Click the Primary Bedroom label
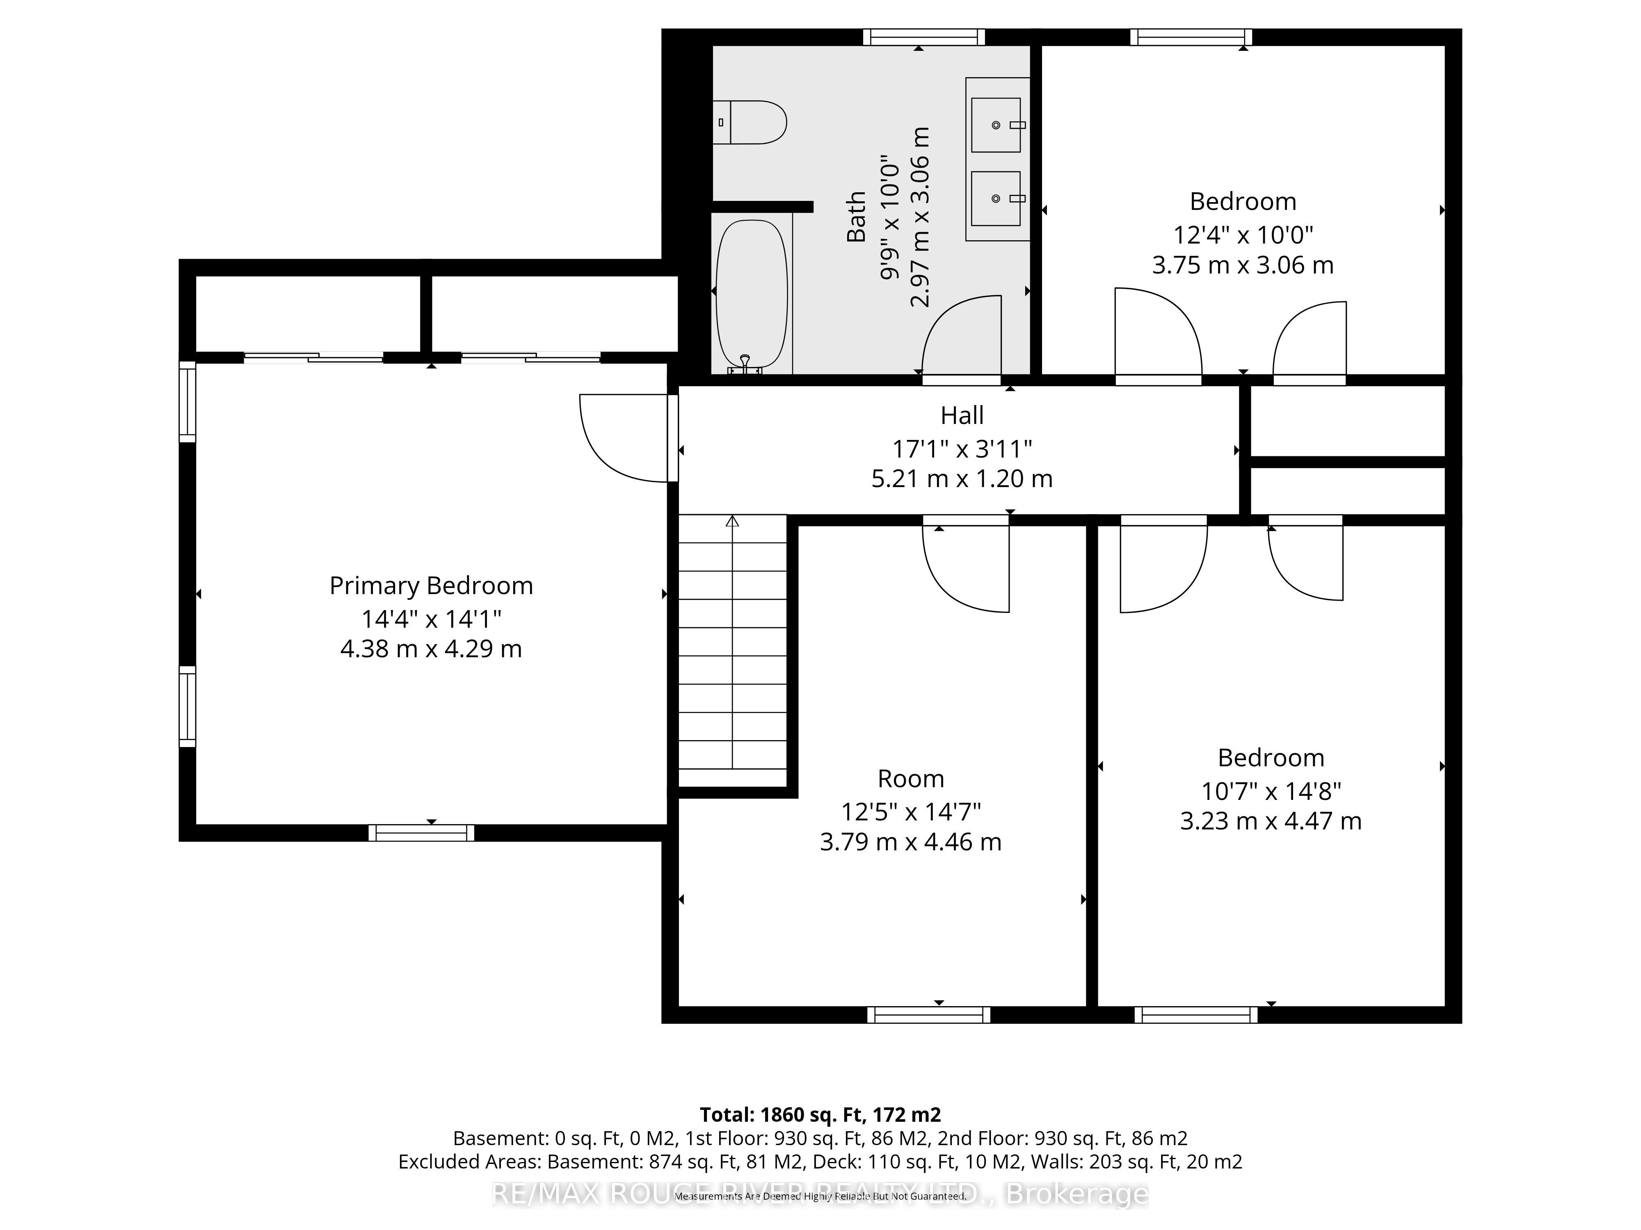click(431, 586)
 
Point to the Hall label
click(962, 415)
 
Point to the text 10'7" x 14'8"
click(1271, 791)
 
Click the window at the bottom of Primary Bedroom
click(421, 833)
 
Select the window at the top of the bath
click(923, 37)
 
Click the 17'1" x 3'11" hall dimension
click(962, 449)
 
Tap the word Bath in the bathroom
click(857, 216)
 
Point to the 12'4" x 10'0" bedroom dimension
click(1243, 235)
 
